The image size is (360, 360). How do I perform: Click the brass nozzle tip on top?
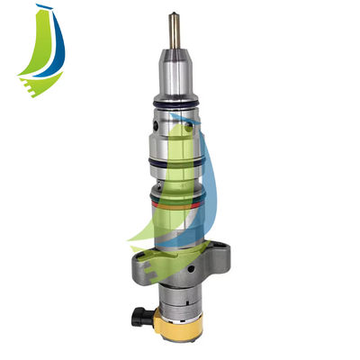pos(170,28)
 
